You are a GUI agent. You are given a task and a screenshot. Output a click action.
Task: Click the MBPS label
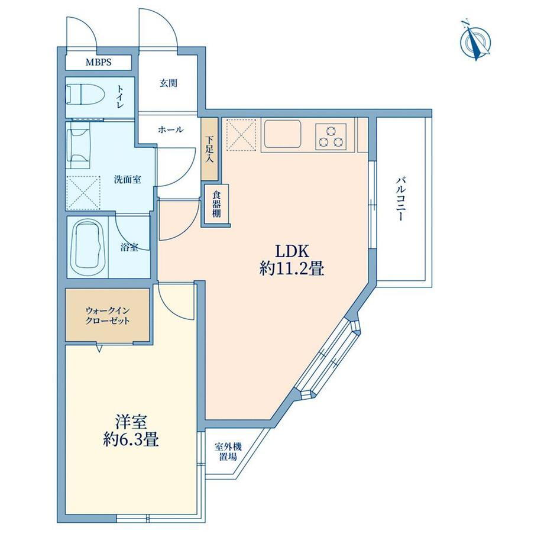click(x=99, y=63)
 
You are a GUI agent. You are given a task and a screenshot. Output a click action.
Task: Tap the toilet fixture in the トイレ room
click(x=86, y=94)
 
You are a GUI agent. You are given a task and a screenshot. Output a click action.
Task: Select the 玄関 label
click(x=169, y=83)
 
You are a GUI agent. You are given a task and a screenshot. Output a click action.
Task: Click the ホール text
click(x=170, y=130)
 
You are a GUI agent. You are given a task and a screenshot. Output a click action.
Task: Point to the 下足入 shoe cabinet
click(x=210, y=149)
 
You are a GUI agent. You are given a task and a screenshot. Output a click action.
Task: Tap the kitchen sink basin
click(x=282, y=134)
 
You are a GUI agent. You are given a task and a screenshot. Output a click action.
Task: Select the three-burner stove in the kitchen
click(x=331, y=137)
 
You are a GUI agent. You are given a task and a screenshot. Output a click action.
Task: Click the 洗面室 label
click(x=128, y=180)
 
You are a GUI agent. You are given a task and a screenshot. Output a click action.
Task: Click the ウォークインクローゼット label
click(x=108, y=315)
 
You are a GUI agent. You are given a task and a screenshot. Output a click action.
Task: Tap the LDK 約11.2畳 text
click(x=292, y=260)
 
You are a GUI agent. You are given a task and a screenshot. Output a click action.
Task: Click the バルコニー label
click(x=401, y=199)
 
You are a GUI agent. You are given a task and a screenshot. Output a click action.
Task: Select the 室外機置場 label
click(x=228, y=451)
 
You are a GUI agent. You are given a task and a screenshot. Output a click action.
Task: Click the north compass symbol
click(x=475, y=41)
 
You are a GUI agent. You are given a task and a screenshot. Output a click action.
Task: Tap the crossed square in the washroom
click(x=83, y=193)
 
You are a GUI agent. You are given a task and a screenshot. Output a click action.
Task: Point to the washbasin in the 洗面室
click(x=78, y=145)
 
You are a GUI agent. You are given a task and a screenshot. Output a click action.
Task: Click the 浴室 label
click(x=129, y=248)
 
